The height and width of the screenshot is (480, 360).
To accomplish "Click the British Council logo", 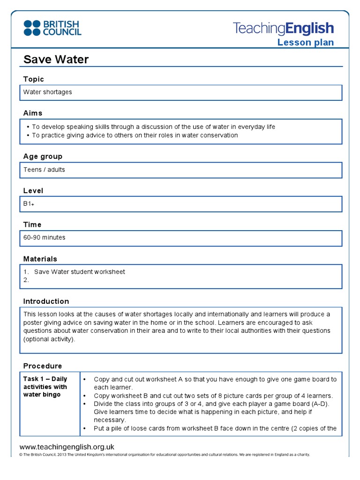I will (52, 28).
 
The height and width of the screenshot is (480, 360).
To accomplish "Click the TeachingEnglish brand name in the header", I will (283, 29).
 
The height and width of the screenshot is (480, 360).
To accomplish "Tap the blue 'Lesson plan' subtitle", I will (305, 43).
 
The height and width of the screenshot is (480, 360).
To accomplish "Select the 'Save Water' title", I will (56, 60).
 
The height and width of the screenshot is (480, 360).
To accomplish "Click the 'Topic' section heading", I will (34, 79).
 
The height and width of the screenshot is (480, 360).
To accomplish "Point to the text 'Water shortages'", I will (48, 92).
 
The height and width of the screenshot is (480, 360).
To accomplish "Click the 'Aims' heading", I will (33, 113).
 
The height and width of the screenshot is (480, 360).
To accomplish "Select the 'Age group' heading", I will (43, 156).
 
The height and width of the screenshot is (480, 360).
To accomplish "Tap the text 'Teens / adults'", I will (44, 170).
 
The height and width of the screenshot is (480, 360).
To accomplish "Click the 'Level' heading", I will (33, 191).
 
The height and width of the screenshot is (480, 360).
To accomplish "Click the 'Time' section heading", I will (32, 225).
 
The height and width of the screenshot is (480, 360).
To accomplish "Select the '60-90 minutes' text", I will (45, 238).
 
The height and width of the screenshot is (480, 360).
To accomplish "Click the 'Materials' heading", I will (40, 259).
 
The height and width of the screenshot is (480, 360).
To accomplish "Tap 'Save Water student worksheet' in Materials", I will (80, 272).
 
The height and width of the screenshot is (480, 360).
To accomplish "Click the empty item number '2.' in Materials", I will (26, 280).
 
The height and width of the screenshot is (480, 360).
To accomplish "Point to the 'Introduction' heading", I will (46, 301).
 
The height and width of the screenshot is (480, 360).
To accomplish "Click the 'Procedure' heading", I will (43, 366).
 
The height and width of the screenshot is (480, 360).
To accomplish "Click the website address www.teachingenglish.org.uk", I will (67, 447).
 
